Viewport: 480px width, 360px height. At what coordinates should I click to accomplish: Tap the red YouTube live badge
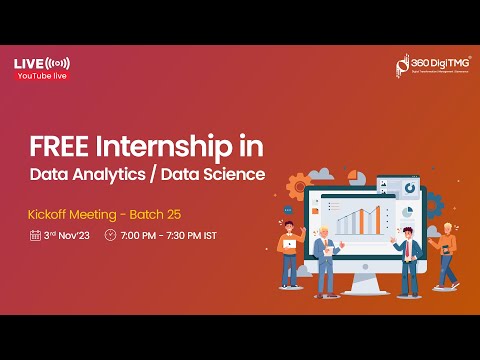[41, 76]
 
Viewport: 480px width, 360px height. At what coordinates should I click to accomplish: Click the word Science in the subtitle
[238, 174]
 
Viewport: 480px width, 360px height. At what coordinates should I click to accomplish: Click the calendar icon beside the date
[35, 236]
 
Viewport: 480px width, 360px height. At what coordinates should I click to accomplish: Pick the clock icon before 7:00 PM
[110, 236]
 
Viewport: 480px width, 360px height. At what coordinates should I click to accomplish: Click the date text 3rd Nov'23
[67, 236]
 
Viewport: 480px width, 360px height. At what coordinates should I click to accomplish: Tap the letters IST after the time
[209, 236]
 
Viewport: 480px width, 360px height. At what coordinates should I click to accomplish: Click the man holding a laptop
[289, 250]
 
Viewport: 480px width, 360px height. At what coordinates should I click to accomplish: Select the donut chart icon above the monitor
[409, 188]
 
